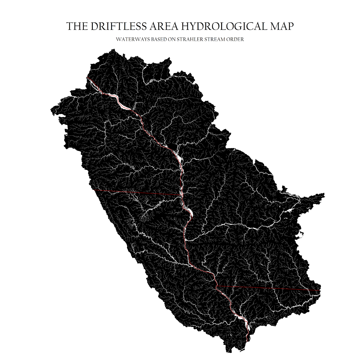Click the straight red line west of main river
137,192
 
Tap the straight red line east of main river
267,288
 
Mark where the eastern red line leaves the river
219,286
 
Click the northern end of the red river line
87,78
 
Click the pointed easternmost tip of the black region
324,194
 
